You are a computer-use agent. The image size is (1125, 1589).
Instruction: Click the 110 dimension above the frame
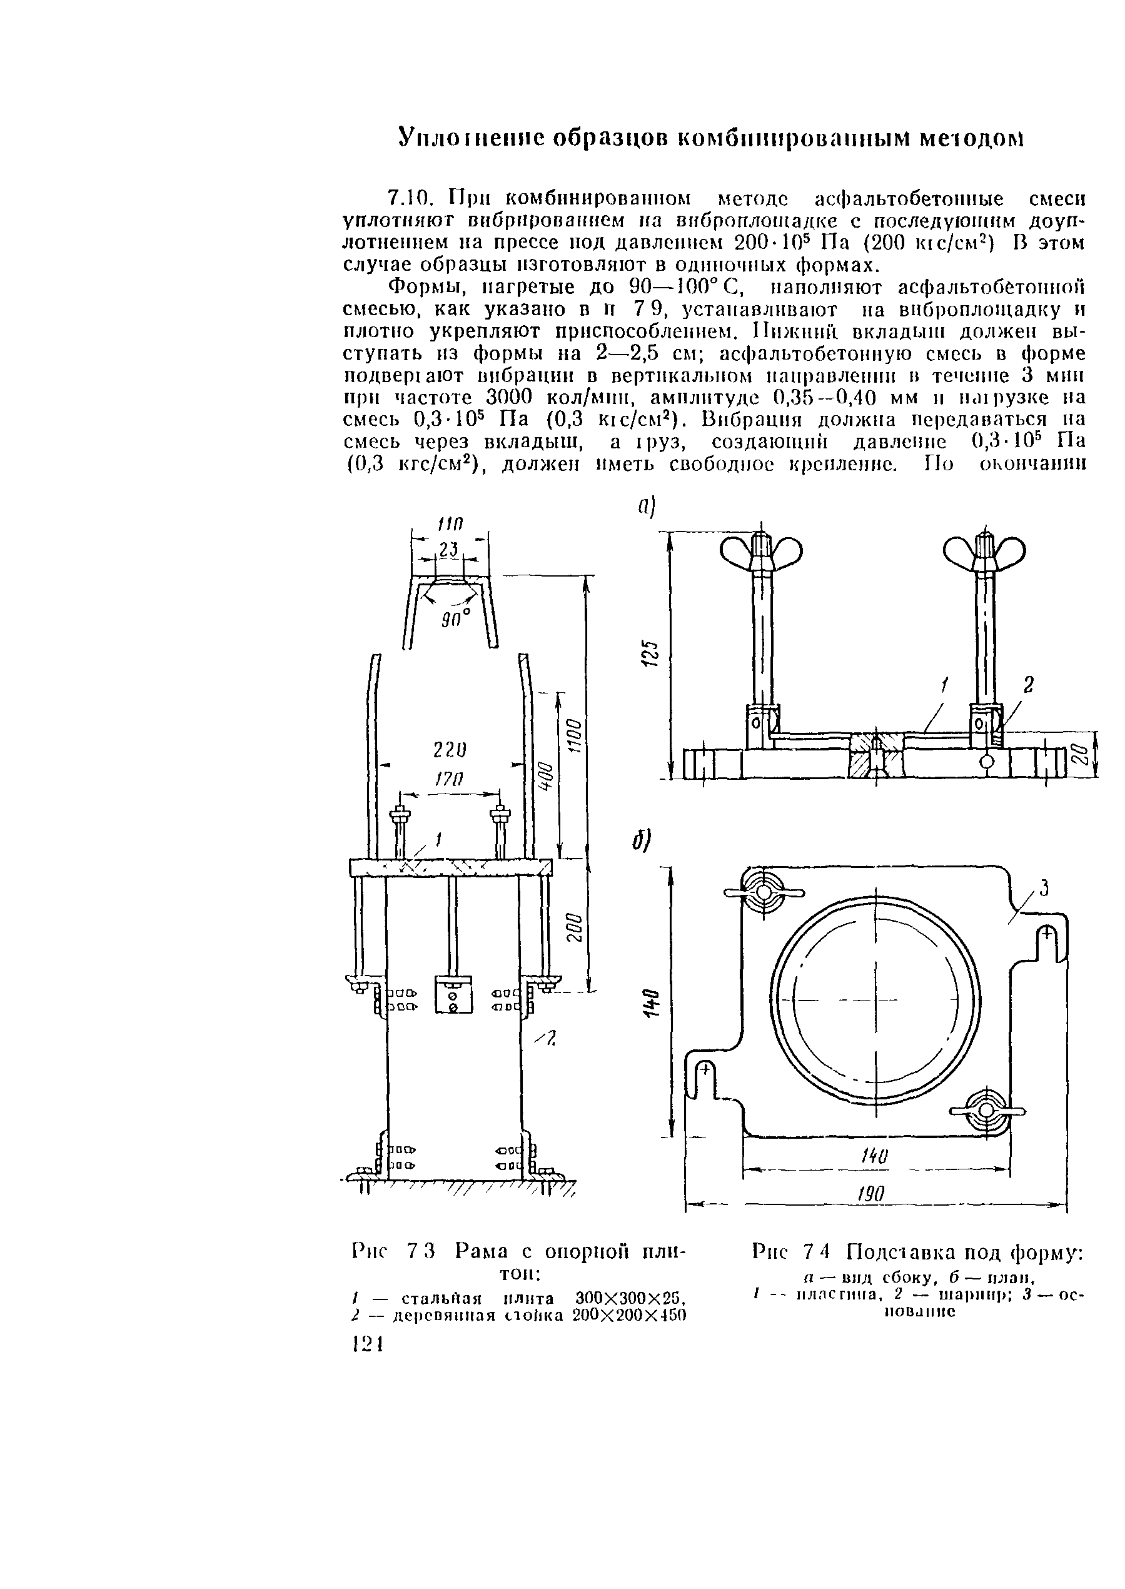(449, 523)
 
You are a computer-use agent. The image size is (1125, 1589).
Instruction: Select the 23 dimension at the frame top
(449, 550)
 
